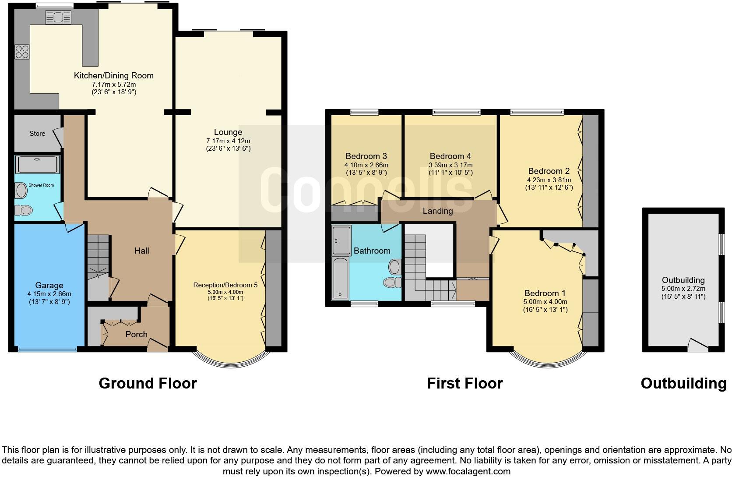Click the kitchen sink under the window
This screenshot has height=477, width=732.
[x=58, y=18]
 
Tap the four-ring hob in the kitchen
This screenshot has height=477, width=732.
[x=22, y=52]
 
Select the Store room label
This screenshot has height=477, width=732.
[x=37, y=134]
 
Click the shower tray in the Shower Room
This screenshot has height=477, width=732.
[x=37, y=164]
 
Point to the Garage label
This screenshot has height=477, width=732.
[x=49, y=285]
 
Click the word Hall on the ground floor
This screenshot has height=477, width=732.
[x=141, y=251]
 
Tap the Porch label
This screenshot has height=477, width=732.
[x=136, y=334]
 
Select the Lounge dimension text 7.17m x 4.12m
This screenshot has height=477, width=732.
[x=228, y=141]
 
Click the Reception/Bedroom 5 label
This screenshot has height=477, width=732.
[x=225, y=285]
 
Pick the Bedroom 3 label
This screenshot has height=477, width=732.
[x=366, y=156]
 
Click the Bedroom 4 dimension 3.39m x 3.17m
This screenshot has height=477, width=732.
[x=450, y=166]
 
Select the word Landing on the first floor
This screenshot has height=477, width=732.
[x=437, y=211]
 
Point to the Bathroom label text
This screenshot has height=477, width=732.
[x=372, y=251]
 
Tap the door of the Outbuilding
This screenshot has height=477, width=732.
[x=698, y=345]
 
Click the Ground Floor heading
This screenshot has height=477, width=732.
[x=148, y=383]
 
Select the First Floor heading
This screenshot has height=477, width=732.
[x=465, y=383]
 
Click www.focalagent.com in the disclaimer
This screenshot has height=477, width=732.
[x=467, y=471]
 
